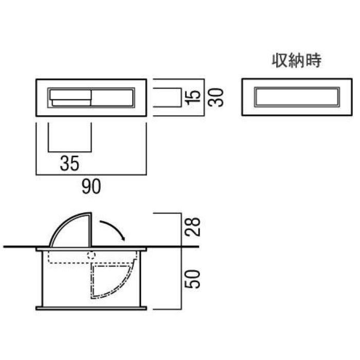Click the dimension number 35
tap(69, 163)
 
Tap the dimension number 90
tap(91, 186)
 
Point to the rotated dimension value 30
tap(216, 98)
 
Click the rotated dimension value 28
tap(193, 227)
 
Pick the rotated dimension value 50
tap(193, 279)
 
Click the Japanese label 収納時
tap(297, 61)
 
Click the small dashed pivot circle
tap(91, 255)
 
